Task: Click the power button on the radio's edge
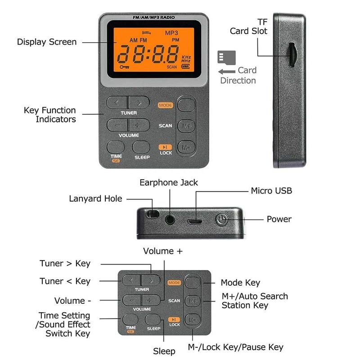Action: pyautogui.click(x=221, y=220)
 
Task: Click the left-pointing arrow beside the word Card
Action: pyautogui.click(x=225, y=71)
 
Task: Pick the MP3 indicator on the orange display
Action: pyautogui.click(x=171, y=33)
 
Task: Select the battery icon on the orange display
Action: pyautogui.click(x=185, y=66)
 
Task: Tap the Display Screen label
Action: pyautogui.click(x=47, y=42)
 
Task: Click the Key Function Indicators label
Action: pyautogui.click(x=49, y=115)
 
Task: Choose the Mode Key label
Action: pyautogui.click(x=240, y=283)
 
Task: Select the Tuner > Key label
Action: pyautogui.click(x=65, y=264)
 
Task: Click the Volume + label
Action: pyautogui.click(x=163, y=251)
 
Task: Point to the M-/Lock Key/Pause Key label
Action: pyautogui.click(x=235, y=347)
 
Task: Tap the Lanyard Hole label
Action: pyautogui.click(x=95, y=198)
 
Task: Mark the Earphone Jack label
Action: pyautogui.click(x=169, y=183)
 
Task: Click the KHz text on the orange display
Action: pyautogui.click(x=186, y=58)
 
